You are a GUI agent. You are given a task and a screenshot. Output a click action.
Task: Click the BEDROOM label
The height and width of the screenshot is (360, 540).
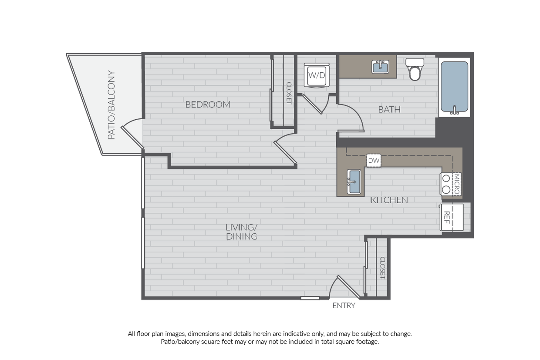(208, 104)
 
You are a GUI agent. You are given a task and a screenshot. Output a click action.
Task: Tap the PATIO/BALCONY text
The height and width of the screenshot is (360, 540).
(111, 105)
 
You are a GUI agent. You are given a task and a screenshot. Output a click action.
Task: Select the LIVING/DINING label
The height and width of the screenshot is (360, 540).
(242, 232)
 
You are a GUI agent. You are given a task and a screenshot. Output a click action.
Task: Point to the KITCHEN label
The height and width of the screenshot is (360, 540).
(389, 200)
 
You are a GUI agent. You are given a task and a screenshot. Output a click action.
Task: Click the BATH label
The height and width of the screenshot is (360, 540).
(389, 110)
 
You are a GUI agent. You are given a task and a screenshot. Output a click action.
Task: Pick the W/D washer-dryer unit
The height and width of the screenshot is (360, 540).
(317, 75)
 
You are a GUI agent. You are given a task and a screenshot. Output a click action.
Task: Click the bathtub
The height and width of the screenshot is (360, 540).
(454, 87)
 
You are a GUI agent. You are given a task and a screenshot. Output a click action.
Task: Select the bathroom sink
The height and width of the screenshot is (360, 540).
(381, 67)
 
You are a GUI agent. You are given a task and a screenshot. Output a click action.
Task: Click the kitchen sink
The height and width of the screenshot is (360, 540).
(353, 181)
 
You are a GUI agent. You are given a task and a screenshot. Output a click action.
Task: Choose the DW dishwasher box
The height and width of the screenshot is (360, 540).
(374, 161)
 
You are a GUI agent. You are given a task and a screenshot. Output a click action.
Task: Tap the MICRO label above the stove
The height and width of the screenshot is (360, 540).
(457, 183)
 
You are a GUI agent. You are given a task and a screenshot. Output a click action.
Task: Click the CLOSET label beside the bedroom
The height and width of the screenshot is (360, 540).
(288, 93)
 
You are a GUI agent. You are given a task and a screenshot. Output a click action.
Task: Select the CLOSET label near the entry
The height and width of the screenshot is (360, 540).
(382, 268)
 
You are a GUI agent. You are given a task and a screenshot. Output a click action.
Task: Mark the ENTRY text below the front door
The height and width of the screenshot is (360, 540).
(344, 306)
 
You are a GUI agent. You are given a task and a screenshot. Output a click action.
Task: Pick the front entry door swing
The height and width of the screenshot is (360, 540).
(344, 287)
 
